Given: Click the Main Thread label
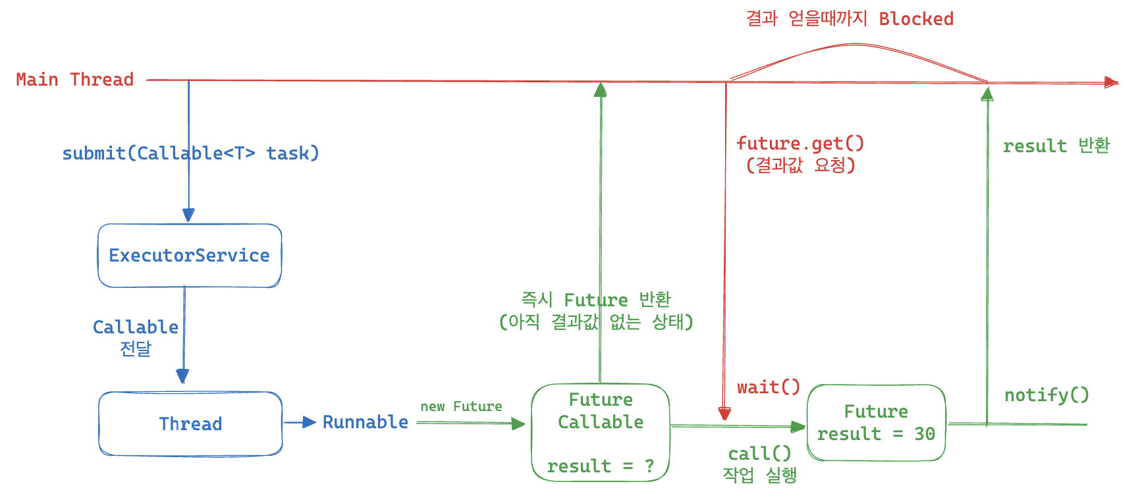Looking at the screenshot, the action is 74,80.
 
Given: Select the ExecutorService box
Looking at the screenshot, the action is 190,256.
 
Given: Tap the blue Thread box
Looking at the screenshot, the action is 190,424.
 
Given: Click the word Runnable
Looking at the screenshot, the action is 365,422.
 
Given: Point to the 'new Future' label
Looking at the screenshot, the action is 461,406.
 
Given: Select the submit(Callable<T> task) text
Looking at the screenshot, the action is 190,153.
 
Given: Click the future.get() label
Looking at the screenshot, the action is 800,144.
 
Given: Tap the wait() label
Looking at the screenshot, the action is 768,387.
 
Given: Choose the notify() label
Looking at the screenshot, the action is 1046,395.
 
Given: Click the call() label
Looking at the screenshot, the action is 759,454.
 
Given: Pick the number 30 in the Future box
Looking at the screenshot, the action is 925,434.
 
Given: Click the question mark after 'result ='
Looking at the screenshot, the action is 649,466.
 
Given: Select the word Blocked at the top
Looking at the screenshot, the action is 916,19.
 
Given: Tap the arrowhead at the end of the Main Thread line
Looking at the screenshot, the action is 1112,82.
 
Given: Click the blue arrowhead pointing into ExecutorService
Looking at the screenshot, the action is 188,215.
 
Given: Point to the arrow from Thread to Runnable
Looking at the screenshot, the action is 300,423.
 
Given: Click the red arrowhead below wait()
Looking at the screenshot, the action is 724,414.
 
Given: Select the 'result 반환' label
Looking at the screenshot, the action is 1056,146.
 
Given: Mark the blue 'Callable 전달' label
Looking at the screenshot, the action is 136,337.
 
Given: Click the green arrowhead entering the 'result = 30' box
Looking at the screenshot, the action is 798,427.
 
